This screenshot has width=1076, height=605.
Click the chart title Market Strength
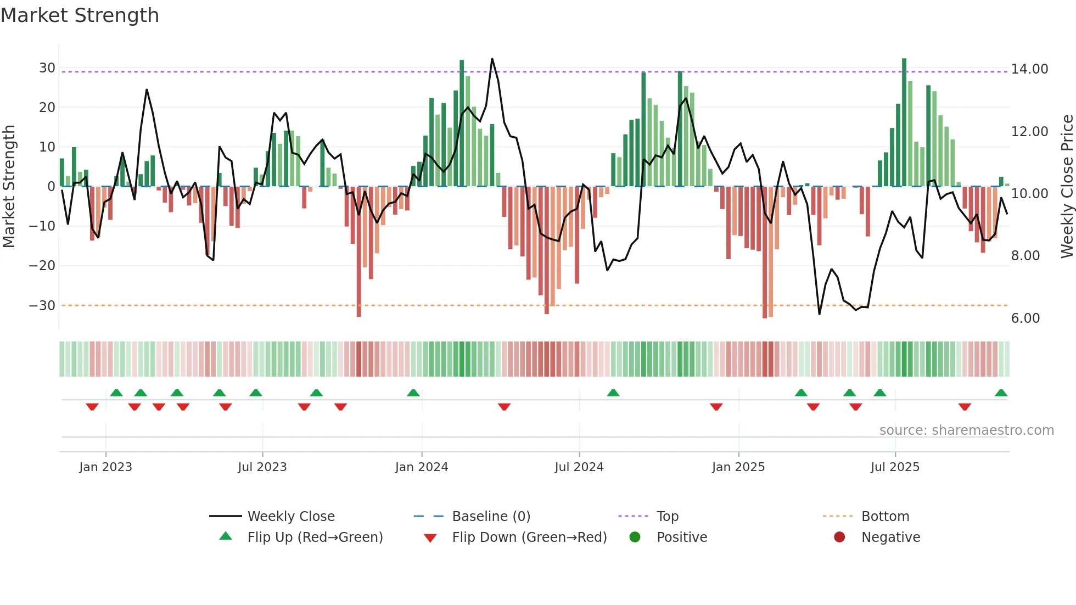pyautogui.click(x=80, y=15)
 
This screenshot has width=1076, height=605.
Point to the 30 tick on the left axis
pyautogui.click(x=47, y=68)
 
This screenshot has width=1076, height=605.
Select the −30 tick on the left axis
pyautogui.click(x=43, y=305)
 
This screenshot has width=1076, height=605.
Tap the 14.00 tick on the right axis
pyautogui.click(x=1029, y=69)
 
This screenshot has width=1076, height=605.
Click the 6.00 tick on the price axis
pyautogui.click(x=1025, y=318)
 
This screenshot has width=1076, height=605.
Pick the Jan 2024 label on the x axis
pyautogui.click(x=421, y=467)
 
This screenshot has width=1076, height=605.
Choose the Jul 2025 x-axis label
pyautogui.click(x=894, y=467)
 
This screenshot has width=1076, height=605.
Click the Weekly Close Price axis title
pyautogui.click(x=1067, y=187)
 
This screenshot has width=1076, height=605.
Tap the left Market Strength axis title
pyautogui.click(x=9, y=187)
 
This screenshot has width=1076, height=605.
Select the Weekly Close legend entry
pyautogui.click(x=290, y=517)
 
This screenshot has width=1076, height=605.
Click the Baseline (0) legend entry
pyautogui.click(x=491, y=517)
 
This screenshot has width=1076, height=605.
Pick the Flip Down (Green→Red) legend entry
pyautogui.click(x=529, y=537)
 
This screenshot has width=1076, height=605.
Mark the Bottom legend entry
pyautogui.click(x=885, y=517)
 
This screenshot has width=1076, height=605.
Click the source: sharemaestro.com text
pyautogui.click(x=966, y=430)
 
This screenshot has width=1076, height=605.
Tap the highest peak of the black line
pyautogui.click(x=492, y=59)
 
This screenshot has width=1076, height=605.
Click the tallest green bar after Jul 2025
pyautogui.click(x=904, y=121)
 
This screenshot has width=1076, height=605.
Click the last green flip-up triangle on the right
pyautogui.click(x=1001, y=393)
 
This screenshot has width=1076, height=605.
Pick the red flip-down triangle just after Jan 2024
pyautogui.click(x=504, y=407)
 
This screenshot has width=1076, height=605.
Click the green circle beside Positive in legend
pyautogui.click(x=635, y=537)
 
